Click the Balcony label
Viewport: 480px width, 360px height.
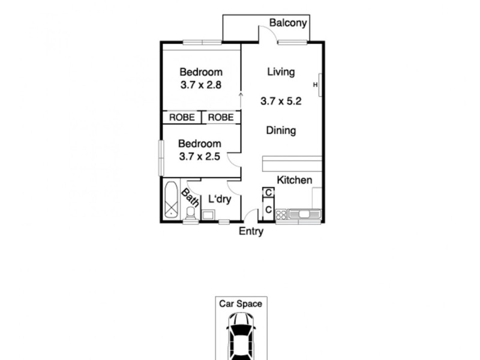click(x=288, y=23)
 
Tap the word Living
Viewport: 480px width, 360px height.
click(x=281, y=72)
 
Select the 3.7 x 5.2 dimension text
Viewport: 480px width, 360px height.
click(x=281, y=101)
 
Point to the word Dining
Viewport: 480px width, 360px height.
click(x=281, y=130)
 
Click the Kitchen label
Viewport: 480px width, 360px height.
click(x=294, y=180)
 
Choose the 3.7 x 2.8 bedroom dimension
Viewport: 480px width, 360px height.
click(x=201, y=85)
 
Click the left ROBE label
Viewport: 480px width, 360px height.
click(x=181, y=118)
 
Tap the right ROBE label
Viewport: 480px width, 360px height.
click(x=221, y=118)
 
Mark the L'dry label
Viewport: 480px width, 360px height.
click(x=220, y=199)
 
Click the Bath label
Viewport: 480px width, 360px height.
click(x=191, y=197)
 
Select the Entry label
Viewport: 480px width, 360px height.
click(x=251, y=232)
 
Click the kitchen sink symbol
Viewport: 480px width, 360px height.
click(x=305, y=214)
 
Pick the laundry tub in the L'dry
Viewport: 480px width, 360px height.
click(x=209, y=215)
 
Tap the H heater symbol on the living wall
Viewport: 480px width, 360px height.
click(x=316, y=85)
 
